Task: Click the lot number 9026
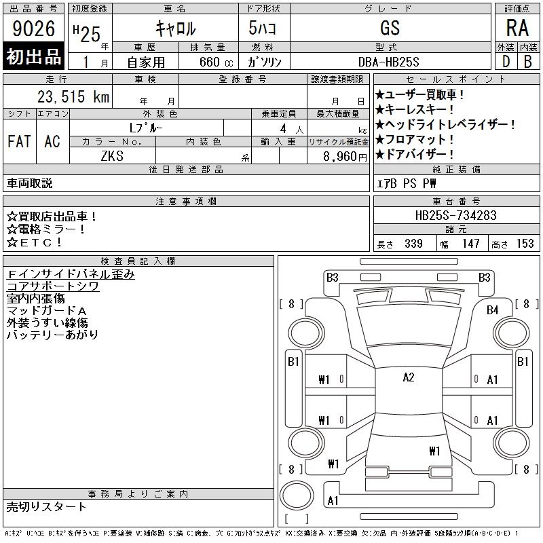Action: click(33, 29)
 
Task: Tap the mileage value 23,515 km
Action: click(73, 96)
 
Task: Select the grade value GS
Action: click(390, 28)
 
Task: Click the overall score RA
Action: click(517, 28)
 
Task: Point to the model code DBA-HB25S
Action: click(388, 62)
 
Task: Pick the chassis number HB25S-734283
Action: click(455, 215)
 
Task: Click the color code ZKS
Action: click(112, 156)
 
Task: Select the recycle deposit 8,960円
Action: click(345, 157)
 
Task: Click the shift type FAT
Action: click(20, 141)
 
